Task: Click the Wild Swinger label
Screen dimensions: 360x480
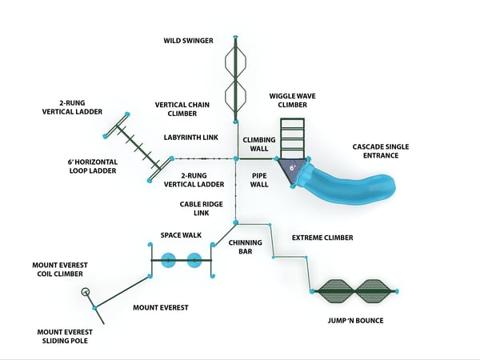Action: point(189,40)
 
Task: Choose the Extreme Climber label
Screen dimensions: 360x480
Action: point(322,238)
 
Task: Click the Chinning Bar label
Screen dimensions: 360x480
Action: point(241,246)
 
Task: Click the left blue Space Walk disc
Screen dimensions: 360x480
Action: point(169,260)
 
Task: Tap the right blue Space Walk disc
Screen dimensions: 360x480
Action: point(194,260)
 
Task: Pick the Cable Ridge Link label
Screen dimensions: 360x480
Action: point(195,209)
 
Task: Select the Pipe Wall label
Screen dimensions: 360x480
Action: point(259,178)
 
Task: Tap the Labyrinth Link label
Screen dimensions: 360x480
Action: point(191,138)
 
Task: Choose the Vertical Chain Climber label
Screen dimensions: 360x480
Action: point(182,109)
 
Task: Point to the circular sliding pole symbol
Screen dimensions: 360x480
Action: point(86,292)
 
